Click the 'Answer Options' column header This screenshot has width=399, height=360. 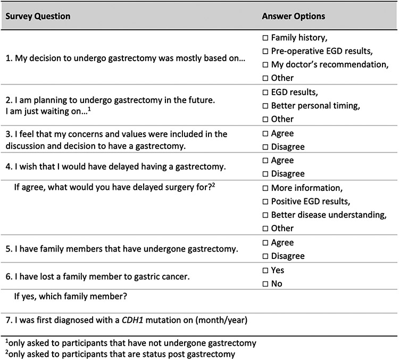[293, 16]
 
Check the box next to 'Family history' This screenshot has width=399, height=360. [265, 38]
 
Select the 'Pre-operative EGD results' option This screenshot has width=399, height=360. [265, 52]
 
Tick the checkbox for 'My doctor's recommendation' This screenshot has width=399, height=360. [265, 65]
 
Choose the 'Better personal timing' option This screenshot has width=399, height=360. [265, 106]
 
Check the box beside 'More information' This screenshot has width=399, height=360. [265, 188]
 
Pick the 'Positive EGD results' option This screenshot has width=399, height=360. [265, 201]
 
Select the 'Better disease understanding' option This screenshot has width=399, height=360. [265, 215]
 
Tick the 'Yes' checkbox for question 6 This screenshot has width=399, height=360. [265, 270]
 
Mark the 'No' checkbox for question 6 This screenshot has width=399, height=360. [265, 283]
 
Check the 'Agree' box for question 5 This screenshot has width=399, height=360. [265, 242]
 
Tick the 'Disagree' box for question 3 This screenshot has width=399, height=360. [265, 147]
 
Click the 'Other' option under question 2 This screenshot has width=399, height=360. [265, 119]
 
